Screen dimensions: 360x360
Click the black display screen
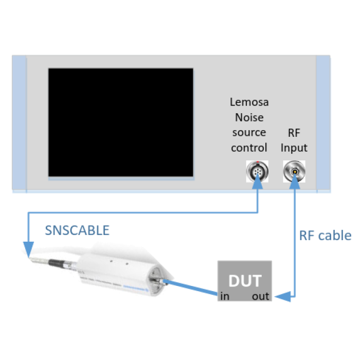coord(121,122)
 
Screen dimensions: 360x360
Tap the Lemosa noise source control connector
coord(256,170)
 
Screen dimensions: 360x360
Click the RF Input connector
coord(294,170)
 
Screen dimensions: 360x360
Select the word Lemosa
coord(249,102)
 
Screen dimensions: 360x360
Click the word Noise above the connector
coord(249,117)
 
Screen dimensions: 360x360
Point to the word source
coord(249,133)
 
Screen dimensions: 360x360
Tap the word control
coord(249,148)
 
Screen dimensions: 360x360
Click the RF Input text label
coord(294,140)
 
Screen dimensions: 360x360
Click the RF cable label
coord(325,236)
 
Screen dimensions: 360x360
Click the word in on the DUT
coord(225,296)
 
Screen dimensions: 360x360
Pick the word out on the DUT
coord(260,296)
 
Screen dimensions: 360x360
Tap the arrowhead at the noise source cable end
coord(26,251)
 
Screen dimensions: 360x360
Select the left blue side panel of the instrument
coord(19,123)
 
